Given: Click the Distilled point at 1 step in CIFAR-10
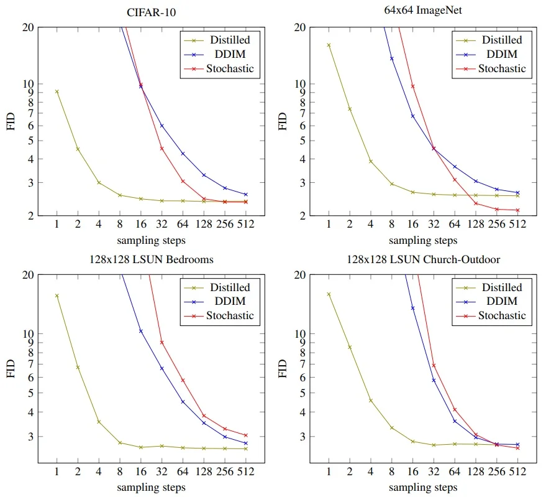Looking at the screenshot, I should pyautogui.click(x=57, y=91).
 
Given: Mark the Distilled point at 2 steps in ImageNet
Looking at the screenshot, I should pyautogui.click(x=350, y=109).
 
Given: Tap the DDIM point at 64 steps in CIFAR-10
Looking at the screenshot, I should pyautogui.click(x=183, y=154).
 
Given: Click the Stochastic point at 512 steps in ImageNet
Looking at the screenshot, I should pyautogui.click(x=517, y=210).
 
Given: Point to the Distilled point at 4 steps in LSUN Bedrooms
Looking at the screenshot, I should pyautogui.click(x=99, y=422).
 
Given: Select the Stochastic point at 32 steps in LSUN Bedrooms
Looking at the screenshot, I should pyautogui.click(x=162, y=342).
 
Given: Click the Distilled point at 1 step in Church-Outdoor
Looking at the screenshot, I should pyautogui.click(x=329, y=294).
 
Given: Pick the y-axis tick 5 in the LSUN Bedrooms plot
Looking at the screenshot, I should pyautogui.click(x=30, y=393).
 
